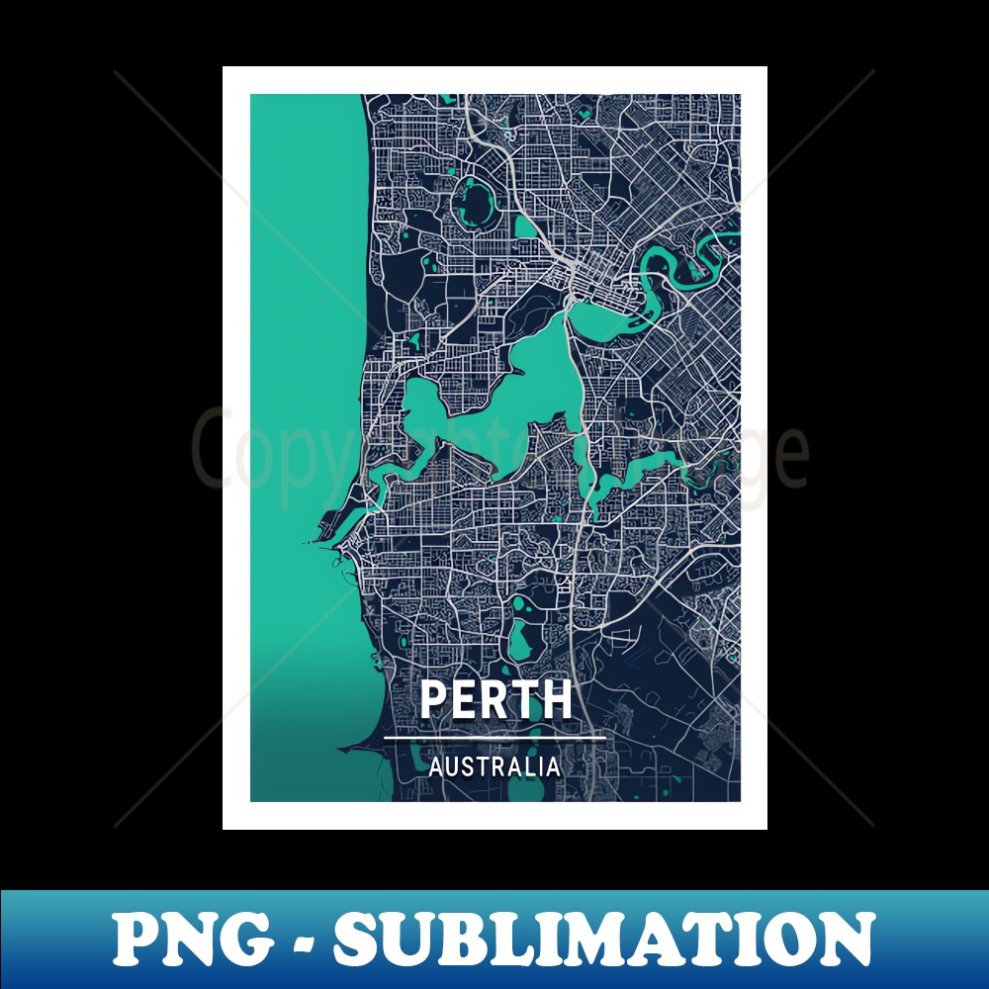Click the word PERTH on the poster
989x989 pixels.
495,699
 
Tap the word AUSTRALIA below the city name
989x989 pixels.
494,766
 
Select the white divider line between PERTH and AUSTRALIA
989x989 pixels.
494,738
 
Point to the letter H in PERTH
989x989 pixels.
557,699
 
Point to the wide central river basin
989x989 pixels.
514,396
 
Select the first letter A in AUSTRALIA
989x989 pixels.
436,766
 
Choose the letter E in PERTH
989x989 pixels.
465,699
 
